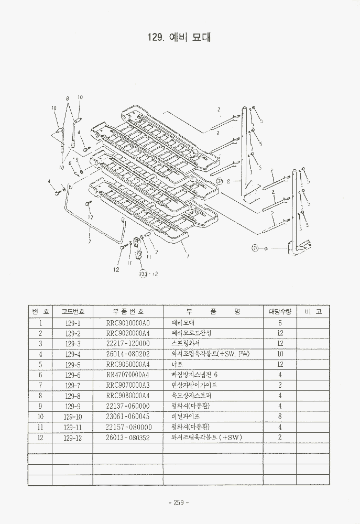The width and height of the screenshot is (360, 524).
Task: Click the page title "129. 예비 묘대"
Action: click(180, 38)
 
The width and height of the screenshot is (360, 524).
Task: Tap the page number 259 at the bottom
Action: click(179, 503)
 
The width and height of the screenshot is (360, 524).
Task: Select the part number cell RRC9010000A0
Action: click(128, 323)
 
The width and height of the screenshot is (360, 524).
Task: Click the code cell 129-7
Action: click(72, 385)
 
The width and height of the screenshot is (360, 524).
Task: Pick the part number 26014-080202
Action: click(128, 354)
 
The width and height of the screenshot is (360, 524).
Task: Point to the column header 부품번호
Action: click(128, 311)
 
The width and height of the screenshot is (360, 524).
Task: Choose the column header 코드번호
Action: click(72, 311)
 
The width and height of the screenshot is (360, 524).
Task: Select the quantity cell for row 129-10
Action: click(280, 417)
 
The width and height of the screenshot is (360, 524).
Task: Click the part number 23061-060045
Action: click(128, 417)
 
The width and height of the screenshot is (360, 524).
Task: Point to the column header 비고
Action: click(313, 311)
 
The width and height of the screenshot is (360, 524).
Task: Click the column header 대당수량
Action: click(280, 311)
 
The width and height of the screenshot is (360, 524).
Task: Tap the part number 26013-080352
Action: click(128, 438)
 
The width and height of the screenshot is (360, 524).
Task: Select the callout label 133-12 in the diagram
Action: click(149, 274)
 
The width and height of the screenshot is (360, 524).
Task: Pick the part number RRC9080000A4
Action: click(128, 396)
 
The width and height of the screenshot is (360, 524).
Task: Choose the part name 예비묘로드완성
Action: click(191, 333)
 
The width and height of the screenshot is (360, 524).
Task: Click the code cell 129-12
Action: click(72, 438)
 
